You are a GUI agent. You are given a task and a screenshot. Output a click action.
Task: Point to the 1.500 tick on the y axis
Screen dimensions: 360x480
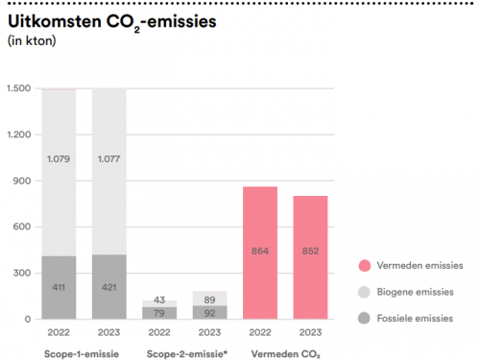pos(19,89)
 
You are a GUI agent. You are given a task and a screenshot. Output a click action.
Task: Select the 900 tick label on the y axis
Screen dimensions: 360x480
pos(23,180)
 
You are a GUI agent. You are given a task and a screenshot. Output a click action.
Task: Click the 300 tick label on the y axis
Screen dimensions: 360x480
pos(23,273)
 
